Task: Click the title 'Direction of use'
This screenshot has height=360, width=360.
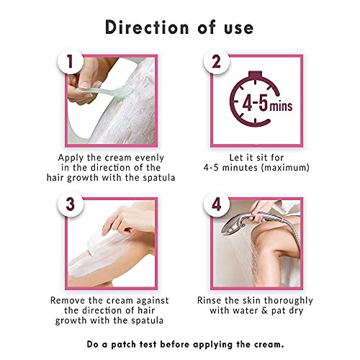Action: (180, 27)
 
